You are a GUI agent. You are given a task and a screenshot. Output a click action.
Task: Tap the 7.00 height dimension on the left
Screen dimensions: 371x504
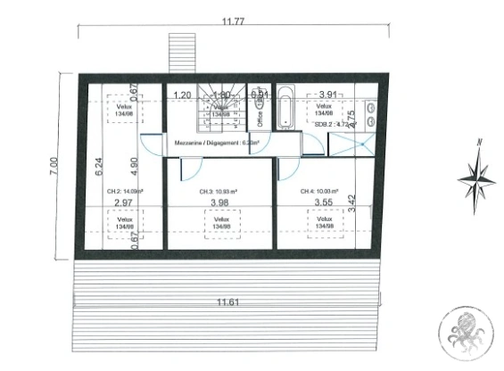(54, 164)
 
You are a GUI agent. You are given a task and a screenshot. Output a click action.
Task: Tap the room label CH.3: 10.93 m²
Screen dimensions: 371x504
(219, 191)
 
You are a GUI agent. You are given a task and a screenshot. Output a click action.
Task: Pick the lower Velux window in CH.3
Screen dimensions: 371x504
(220, 223)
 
